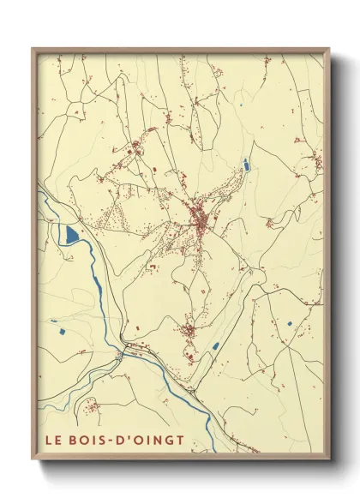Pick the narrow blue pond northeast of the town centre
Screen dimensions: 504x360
[246, 164]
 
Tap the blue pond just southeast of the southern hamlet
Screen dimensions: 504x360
[216, 346]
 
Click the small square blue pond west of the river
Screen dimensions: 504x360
[63, 329]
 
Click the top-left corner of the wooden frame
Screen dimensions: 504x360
[33, 49]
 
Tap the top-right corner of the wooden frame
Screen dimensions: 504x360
[329, 49]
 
